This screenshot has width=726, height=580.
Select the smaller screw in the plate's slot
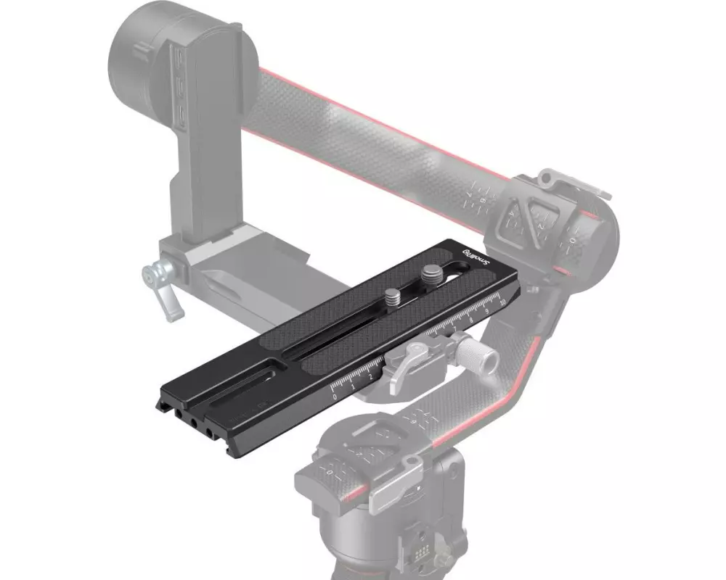pos(392,296)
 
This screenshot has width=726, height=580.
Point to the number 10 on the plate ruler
pos(502,299)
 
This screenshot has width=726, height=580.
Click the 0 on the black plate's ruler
pos(334,397)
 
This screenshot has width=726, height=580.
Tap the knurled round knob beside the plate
pos(480,356)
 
